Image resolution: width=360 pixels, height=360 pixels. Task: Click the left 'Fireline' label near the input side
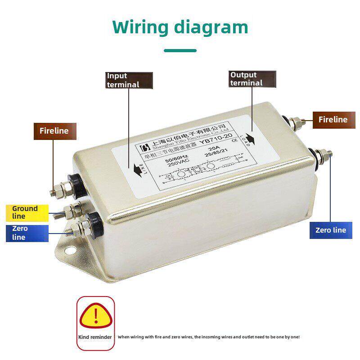[54, 131]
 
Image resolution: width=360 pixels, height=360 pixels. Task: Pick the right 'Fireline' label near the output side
[333, 120]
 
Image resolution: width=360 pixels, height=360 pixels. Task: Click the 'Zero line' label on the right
[331, 230]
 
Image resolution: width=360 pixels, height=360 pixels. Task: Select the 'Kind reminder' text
[95, 337]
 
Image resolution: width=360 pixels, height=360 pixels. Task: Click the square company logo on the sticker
[145, 148]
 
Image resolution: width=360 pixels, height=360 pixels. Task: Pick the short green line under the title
[180, 50]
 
